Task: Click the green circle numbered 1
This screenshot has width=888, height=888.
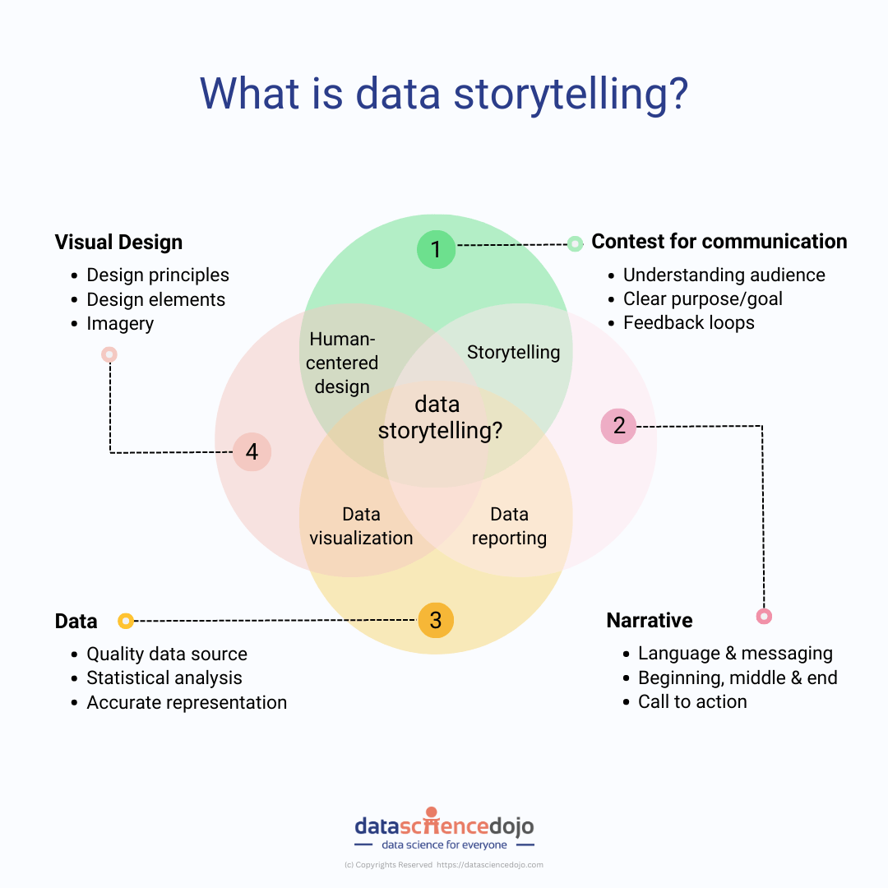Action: point(436,250)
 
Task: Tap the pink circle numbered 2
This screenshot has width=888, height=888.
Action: point(618,426)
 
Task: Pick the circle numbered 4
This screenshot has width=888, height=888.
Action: point(252,451)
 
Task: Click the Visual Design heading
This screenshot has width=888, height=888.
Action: point(118,243)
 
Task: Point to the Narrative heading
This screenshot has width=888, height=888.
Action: point(650,621)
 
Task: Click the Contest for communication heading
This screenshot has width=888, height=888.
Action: point(719,242)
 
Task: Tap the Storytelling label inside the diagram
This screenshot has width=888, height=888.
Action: point(513,353)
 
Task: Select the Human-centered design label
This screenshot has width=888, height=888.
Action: point(342,363)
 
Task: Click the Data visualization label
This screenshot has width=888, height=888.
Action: point(361,526)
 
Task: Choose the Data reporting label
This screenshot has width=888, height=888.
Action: point(509,526)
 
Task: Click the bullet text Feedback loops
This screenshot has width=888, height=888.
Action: point(688,323)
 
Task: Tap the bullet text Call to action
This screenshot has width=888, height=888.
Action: point(692,702)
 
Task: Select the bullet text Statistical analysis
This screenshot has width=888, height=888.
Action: point(164,678)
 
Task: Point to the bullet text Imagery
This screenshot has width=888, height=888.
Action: point(120,324)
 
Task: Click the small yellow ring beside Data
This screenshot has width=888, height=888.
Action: point(126,621)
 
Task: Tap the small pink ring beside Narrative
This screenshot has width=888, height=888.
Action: point(764,616)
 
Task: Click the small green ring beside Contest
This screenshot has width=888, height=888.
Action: point(575,243)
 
